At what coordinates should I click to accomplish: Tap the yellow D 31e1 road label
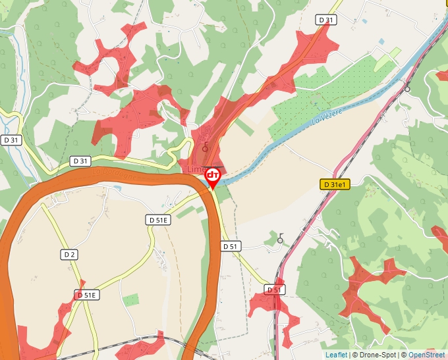(x=335, y=185)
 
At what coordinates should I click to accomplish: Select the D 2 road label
(x=70, y=254)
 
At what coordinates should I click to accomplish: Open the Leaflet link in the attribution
(x=336, y=355)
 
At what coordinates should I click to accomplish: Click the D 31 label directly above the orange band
(x=80, y=161)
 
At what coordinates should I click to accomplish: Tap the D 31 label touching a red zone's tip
(x=325, y=20)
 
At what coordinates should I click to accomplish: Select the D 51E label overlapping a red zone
(x=86, y=296)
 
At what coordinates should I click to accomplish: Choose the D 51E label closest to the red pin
(x=158, y=220)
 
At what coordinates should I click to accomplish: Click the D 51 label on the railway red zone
(x=275, y=290)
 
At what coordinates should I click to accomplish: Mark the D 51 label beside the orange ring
(x=230, y=246)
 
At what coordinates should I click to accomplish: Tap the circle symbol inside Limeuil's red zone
(x=206, y=148)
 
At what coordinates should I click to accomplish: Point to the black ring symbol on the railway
(x=407, y=88)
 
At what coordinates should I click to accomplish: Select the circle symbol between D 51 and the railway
(x=280, y=240)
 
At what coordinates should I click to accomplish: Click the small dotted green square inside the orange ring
(x=131, y=300)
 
